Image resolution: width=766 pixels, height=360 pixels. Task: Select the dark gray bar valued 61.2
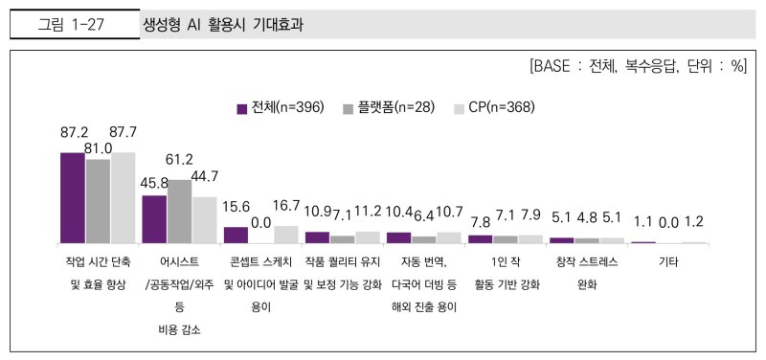[x=179, y=211]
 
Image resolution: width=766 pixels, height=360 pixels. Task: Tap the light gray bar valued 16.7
[x=286, y=234]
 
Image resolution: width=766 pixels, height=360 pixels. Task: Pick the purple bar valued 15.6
[x=236, y=235]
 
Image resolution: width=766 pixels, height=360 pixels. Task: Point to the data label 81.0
[x=98, y=148]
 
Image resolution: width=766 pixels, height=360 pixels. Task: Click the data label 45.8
[x=156, y=182]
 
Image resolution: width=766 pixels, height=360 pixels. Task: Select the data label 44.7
[x=205, y=176]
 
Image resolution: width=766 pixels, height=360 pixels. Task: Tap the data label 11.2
[x=367, y=211]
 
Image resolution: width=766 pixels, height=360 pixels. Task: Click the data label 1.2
[x=694, y=222]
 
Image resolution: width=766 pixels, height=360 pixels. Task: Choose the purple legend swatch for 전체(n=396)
[x=242, y=108]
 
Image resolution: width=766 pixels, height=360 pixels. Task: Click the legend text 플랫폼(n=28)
[x=395, y=108]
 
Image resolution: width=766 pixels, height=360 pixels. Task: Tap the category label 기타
[x=669, y=260]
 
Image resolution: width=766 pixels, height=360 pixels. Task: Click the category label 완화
[x=587, y=283]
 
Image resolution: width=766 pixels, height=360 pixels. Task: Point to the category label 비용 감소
[x=179, y=329]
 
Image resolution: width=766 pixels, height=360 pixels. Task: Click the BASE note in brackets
[x=637, y=67]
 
